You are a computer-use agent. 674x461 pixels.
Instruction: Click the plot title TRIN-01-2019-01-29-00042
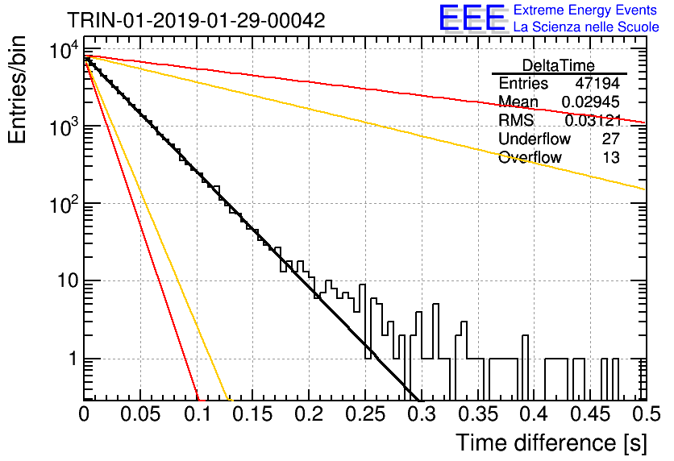pyautogui.click(x=196, y=20)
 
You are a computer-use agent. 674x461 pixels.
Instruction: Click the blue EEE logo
pyautogui.click(x=472, y=18)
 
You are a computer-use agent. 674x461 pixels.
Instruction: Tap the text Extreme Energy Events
pyautogui.click(x=585, y=10)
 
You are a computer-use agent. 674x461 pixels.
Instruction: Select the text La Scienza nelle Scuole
pyautogui.click(x=586, y=27)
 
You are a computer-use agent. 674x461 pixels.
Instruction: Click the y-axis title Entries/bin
pyautogui.click(x=17, y=89)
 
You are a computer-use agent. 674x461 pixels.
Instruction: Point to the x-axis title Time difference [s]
pyautogui.click(x=551, y=442)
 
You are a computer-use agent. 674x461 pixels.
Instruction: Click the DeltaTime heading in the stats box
pyautogui.click(x=559, y=65)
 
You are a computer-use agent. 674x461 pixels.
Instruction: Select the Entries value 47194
pyautogui.click(x=597, y=83)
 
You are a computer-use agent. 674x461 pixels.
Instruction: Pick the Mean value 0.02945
pyautogui.click(x=591, y=102)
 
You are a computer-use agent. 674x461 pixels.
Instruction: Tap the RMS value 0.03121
pyautogui.click(x=593, y=120)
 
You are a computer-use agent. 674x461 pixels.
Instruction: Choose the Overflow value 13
pyautogui.click(x=611, y=157)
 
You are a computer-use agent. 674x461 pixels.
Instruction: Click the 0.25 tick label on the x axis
pyautogui.click(x=365, y=414)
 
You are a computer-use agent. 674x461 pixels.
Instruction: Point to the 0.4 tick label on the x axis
pyautogui.click(x=535, y=414)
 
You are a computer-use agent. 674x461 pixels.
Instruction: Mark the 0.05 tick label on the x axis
pyautogui.click(x=140, y=414)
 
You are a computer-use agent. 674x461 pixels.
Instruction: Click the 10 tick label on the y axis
pyautogui.click(x=68, y=280)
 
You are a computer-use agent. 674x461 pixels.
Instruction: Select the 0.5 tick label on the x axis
pyautogui.click(x=647, y=414)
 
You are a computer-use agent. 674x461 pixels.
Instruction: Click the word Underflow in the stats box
pyautogui.click(x=535, y=139)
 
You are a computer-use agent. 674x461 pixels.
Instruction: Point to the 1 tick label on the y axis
pyautogui.click(x=73, y=359)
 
